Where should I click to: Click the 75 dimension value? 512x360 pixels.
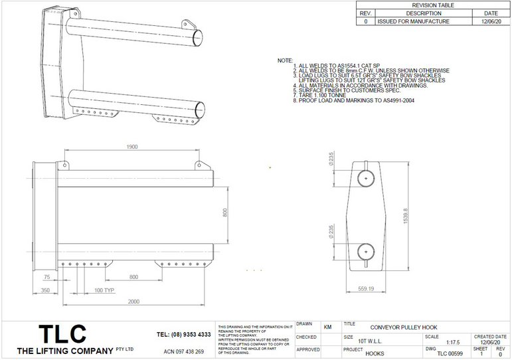[x=46, y=277]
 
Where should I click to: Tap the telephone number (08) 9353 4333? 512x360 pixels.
[x=184, y=334]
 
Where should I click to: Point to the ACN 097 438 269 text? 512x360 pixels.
[x=183, y=351]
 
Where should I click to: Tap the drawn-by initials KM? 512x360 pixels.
[x=327, y=327]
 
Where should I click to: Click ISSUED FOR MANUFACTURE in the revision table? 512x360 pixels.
[x=413, y=21]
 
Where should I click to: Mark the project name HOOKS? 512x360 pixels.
[x=375, y=353]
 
